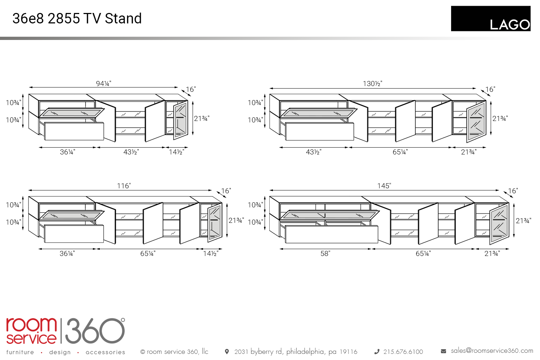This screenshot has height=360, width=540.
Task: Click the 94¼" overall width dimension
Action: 103,84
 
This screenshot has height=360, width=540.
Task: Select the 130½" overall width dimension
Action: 372,84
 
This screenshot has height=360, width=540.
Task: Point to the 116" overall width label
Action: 124,186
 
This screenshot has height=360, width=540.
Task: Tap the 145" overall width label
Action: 384,186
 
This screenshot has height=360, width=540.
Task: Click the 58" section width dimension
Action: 325,253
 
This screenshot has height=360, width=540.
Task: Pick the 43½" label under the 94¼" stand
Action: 131,152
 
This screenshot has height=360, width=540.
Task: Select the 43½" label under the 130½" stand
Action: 314,152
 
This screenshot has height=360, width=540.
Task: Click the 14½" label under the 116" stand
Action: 211,253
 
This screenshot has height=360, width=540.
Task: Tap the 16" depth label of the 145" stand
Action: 513,191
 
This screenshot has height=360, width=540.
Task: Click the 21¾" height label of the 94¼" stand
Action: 202,118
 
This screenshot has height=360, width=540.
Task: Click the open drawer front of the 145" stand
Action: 331,234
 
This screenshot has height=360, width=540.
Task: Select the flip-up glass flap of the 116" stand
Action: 71,215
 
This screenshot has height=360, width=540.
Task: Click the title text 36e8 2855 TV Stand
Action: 77,18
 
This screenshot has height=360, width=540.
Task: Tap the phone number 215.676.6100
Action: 403,352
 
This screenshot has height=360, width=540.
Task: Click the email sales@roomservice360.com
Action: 492,351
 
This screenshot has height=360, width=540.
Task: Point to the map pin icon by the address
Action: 227,351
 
